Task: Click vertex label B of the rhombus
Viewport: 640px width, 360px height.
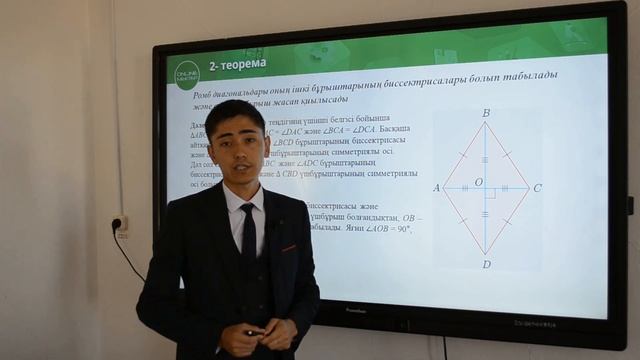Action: (x=486, y=114)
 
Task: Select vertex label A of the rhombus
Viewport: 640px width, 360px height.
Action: (x=436, y=188)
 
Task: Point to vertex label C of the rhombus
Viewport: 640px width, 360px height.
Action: (x=538, y=188)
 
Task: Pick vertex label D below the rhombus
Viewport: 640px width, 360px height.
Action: (x=486, y=264)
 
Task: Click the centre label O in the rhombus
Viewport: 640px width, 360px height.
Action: (x=478, y=182)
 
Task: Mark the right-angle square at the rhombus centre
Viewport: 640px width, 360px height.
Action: (x=490, y=192)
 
